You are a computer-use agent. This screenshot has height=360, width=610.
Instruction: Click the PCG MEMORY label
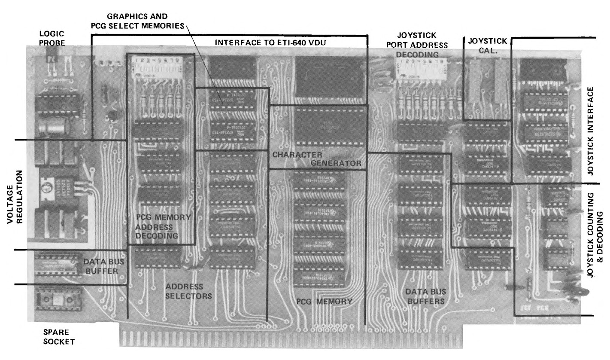324,302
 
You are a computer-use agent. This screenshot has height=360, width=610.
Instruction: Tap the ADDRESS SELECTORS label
184,291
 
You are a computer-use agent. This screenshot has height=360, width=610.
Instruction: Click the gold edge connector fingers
290,340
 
